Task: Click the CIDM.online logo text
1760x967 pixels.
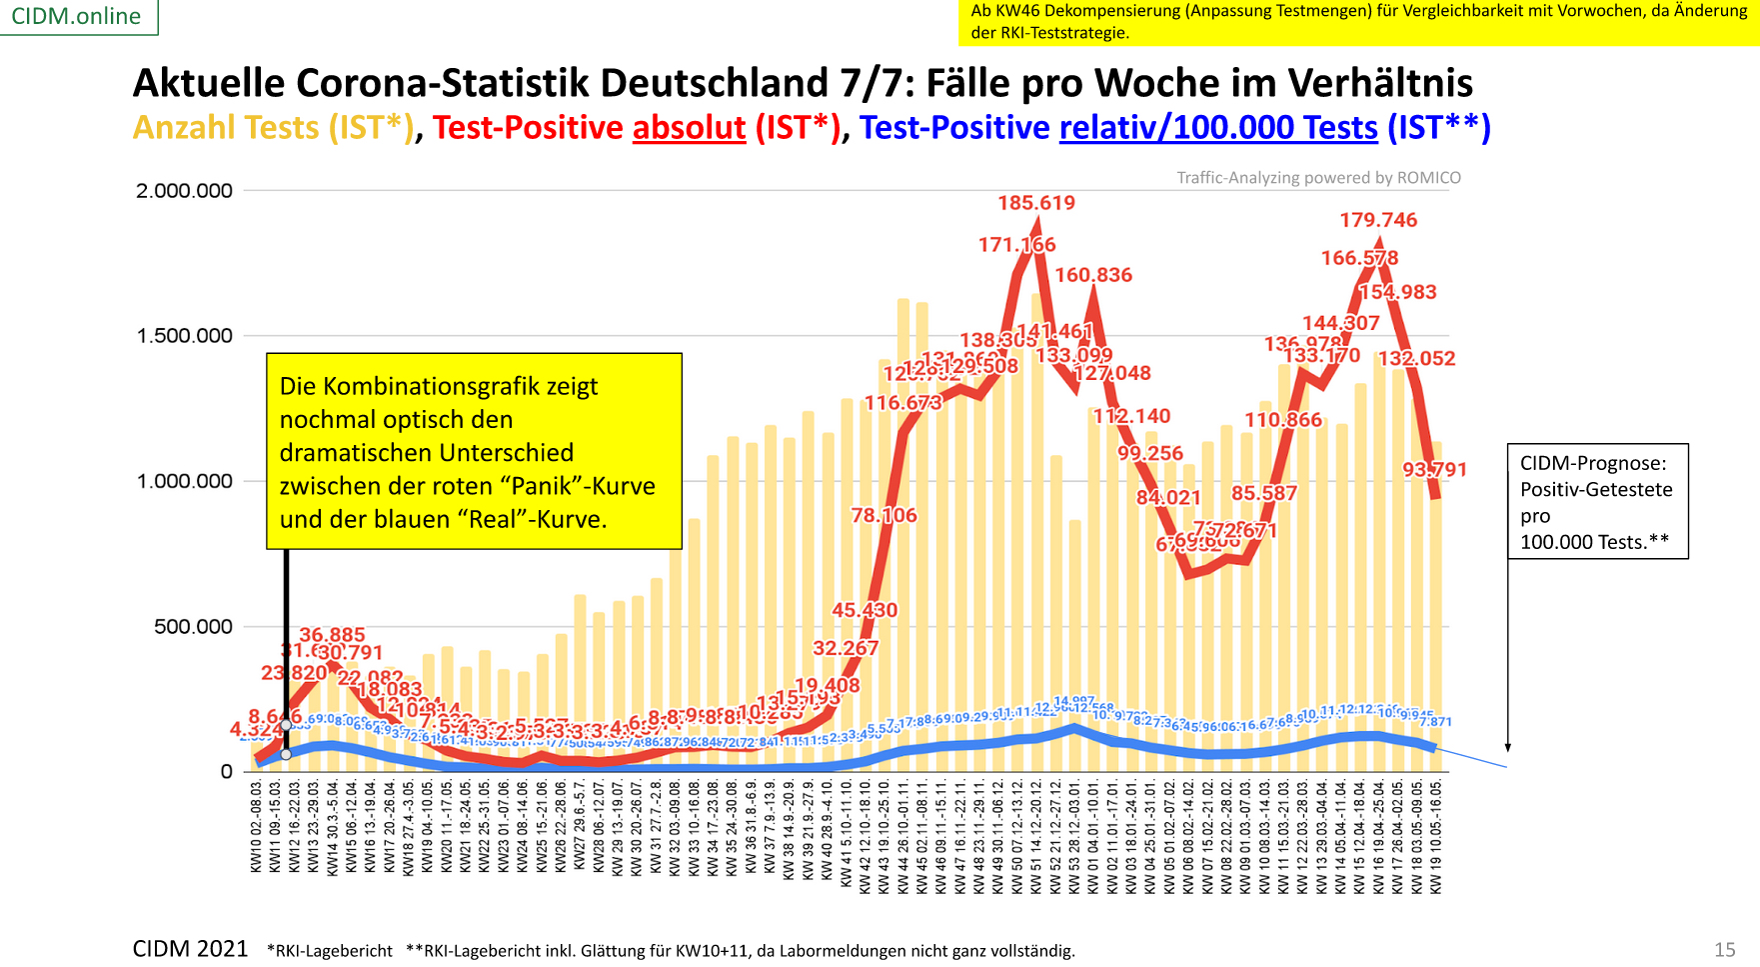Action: point(76,17)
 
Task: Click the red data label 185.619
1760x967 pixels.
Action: point(1036,203)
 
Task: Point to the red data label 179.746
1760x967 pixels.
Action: point(1378,220)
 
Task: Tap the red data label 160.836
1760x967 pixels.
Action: point(1093,275)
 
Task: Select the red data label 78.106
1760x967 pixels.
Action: point(883,515)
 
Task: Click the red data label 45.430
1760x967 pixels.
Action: point(865,610)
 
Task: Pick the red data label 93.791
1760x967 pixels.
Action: point(1434,470)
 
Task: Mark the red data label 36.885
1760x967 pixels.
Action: point(332,635)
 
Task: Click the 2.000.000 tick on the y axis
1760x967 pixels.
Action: point(184,191)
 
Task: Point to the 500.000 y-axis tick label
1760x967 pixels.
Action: point(193,627)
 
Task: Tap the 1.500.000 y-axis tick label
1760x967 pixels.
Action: point(184,336)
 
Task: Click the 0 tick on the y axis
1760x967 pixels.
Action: point(227,772)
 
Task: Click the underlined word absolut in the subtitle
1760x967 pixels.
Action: point(689,128)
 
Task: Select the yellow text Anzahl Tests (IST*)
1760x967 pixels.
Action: point(273,128)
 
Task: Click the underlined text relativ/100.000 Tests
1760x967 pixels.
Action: point(1218,128)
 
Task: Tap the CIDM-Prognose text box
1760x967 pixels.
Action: point(1597,502)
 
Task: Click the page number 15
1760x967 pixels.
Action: point(1724,950)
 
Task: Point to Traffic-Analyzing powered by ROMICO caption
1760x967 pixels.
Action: point(1318,178)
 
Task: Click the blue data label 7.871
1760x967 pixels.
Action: point(1435,722)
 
